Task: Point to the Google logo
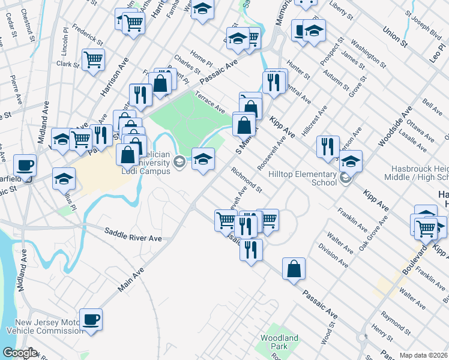click(x=19, y=353)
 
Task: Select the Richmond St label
click(x=247, y=181)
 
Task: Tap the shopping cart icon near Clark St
click(x=94, y=59)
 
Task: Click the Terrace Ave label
click(x=209, y=103)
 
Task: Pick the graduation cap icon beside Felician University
click(x=203, y=159)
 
